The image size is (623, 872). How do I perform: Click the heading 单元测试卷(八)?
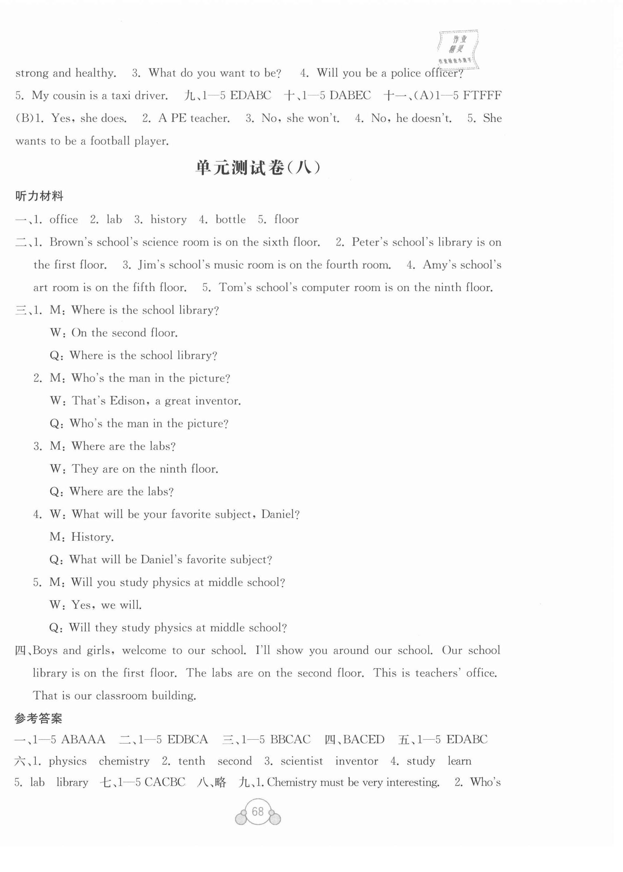tap(258, 168)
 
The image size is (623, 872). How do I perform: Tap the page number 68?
tap(258, 811)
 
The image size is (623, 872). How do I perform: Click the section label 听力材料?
tap(39, 196)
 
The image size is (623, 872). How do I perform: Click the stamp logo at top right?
tap(457, 49)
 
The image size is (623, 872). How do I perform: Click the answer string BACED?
tap(363, 739)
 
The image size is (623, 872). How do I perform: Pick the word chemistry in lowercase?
tap(124, 761)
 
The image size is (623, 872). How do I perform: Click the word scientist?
tap(302, 761)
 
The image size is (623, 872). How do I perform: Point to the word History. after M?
tap(92, 537)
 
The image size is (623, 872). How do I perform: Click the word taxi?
tap(121, 95)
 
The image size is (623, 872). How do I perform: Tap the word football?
tap(110, 141)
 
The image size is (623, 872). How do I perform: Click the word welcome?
tap(144, 650)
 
